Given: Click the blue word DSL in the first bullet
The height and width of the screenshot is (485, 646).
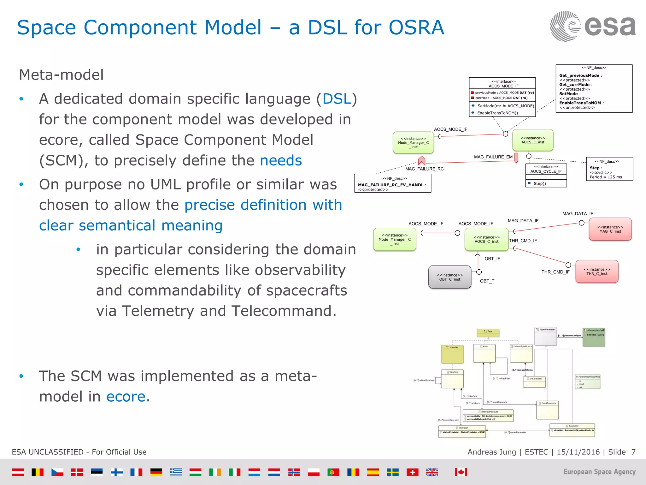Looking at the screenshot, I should click(x=337, y=99).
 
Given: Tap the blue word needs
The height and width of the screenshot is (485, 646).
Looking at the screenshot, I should click(x=281, y=160).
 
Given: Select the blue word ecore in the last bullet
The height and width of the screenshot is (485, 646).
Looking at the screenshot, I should click(x=126, y=397).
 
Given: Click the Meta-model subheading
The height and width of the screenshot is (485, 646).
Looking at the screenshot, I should click(x=61, y=75).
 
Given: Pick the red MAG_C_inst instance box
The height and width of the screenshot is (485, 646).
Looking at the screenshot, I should click(x=610, y=229).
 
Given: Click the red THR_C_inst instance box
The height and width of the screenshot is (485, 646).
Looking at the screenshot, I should click(x=596, y=272).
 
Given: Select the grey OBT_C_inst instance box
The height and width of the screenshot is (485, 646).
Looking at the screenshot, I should click(x=449, y=277).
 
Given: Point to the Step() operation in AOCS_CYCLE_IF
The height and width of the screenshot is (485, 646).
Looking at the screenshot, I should click(x=539, y=183).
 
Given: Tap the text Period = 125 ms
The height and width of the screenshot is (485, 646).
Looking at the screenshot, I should click(x=606, y=177).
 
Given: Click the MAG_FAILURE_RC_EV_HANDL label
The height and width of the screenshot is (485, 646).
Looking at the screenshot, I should click(x=391, y=185).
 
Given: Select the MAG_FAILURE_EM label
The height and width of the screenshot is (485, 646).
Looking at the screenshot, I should click(x=493, y=157).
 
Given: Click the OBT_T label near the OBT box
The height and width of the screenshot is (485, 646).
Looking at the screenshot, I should click(x=487, y=281).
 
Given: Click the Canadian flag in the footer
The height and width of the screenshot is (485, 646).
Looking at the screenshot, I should click(x=461, y=472).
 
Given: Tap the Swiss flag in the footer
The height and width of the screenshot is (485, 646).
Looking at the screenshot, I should click(x=412, y=472).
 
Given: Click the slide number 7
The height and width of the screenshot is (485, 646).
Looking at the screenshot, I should click(x=633, y=452).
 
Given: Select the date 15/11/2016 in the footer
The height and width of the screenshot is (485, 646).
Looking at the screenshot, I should click(x=578, y=452).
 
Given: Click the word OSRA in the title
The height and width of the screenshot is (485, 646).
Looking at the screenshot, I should click(x=416, y=27).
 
